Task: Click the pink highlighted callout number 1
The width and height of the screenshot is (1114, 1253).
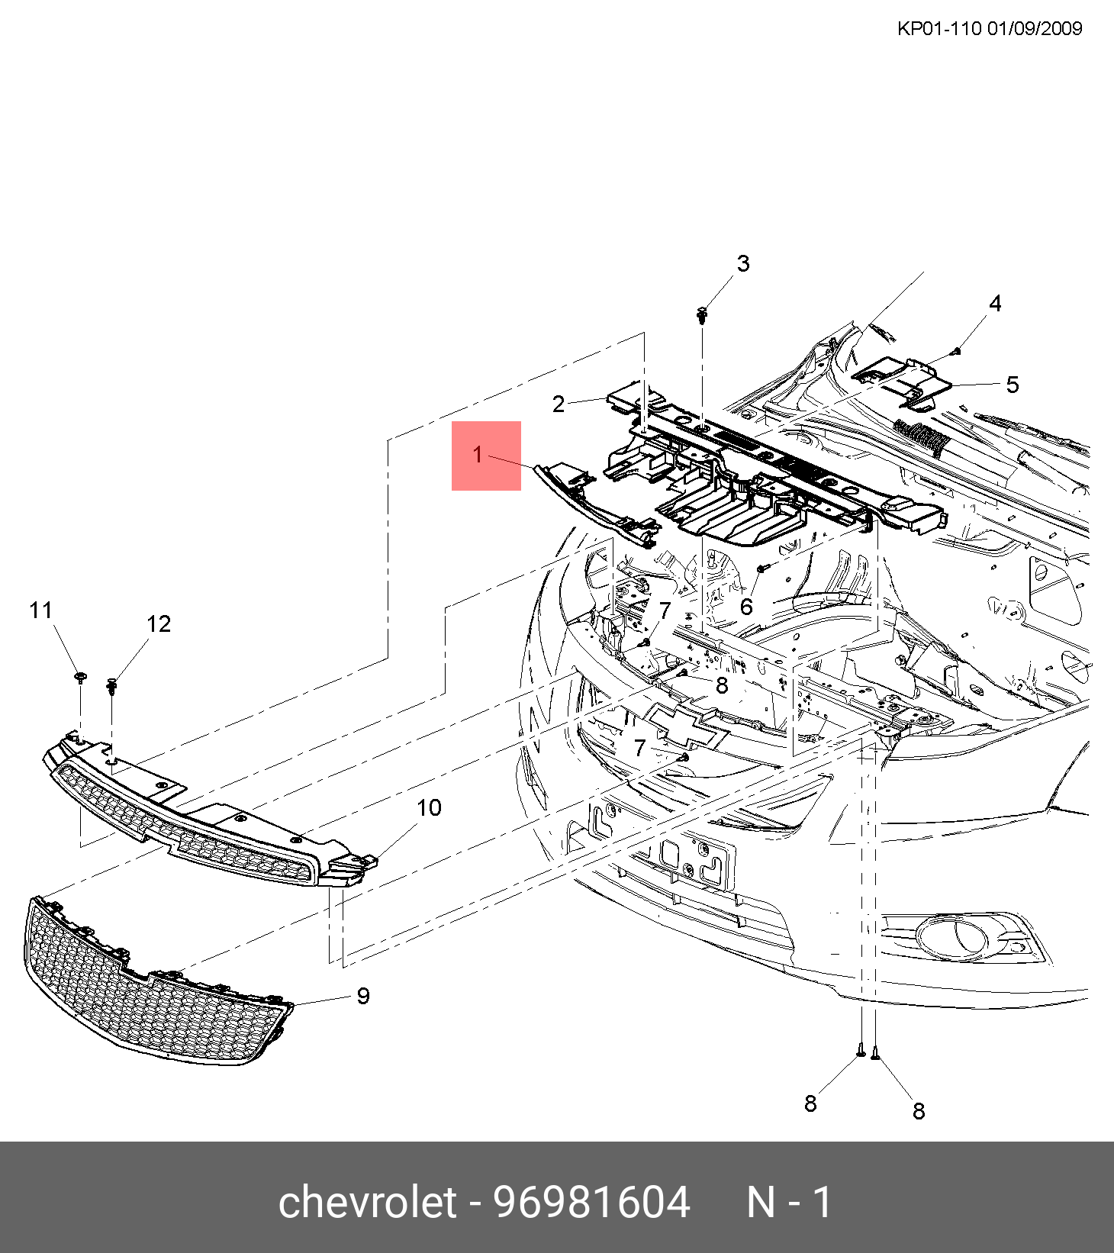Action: click(x=478, y=455)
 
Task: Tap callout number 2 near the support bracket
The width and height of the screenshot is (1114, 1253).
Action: click(x=559, y=404)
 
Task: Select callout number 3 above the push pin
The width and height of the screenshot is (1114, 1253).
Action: click(x=743, y=264)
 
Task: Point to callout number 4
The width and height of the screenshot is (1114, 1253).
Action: click(x=995, y=304)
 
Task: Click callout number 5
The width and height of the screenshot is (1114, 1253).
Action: click(x=1013, y=385)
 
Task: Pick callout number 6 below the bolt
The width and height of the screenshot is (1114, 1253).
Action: click(x=746, y=607)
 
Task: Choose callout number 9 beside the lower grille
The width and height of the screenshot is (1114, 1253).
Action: click(x=363, y=996)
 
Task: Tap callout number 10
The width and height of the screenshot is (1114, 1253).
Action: click(x=429, y=807)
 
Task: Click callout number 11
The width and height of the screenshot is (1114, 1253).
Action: click(x=40, y=610)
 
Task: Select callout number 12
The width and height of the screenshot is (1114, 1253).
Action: click(x=159, y=624)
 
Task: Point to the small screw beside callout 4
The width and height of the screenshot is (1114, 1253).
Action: click(x=956, y=351)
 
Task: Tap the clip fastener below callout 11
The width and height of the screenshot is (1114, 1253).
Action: click(x=80, y=678)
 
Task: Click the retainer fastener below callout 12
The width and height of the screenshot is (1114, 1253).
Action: click(x=112, y=685)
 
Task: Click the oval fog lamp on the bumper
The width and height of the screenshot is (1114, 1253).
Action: click(x=952, y=937)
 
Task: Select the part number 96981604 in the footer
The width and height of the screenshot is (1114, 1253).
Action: click(x=591, y=1203)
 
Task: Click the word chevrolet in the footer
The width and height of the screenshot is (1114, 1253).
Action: click(x=367, y=1203)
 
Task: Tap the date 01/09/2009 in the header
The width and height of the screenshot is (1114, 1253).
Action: click(x=1035, y=29)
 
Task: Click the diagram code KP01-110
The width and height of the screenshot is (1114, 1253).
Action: click(x=939, y=29)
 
